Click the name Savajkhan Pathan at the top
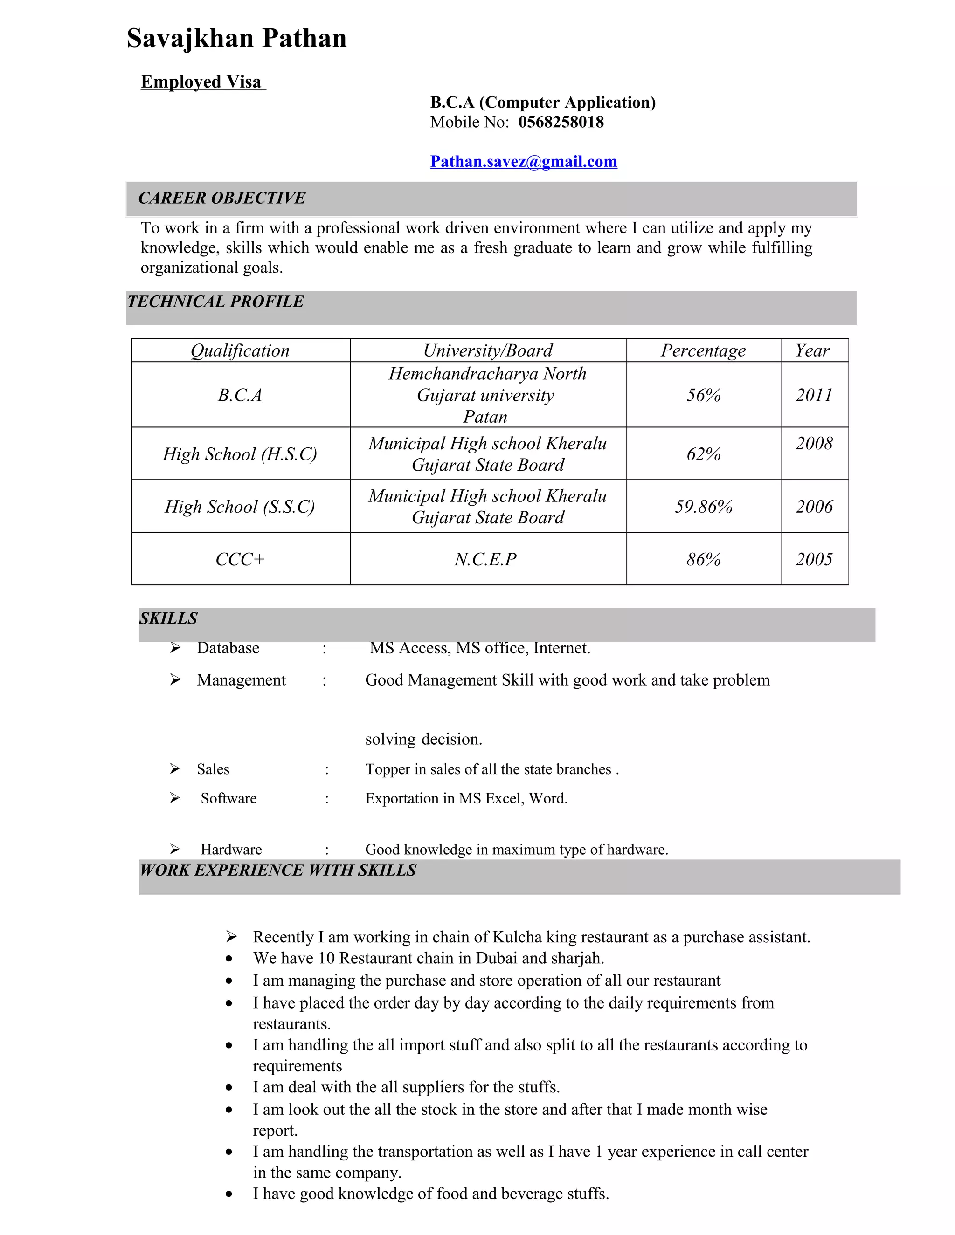[236, 39]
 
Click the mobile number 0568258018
[561, 122]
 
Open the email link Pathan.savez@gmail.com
[523, 162]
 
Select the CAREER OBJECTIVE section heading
[222, 198]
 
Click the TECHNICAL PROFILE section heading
[215, 302]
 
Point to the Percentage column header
[703, 350]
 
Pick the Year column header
[812, 350]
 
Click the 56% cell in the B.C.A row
[703, 395]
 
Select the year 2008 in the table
[814, 443]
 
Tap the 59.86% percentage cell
[703, 506]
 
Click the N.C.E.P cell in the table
[485, 559]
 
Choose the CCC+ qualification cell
[240, 559]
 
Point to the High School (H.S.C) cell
[240, 453]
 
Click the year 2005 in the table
[814, 559]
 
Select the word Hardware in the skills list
[231, 849]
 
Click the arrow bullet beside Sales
[175, 768]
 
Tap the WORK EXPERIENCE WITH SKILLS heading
[278, 870]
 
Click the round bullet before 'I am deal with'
[228, 1087]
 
